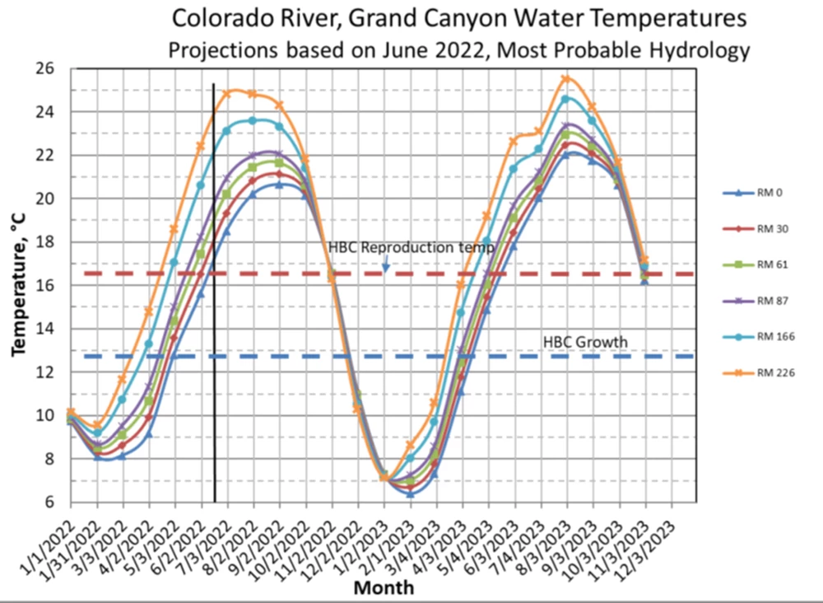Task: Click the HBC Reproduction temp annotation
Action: (411, 247)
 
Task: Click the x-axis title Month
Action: (384, 588)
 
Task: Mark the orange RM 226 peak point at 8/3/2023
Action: (566, 79)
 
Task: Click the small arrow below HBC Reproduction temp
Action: (384, 264)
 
